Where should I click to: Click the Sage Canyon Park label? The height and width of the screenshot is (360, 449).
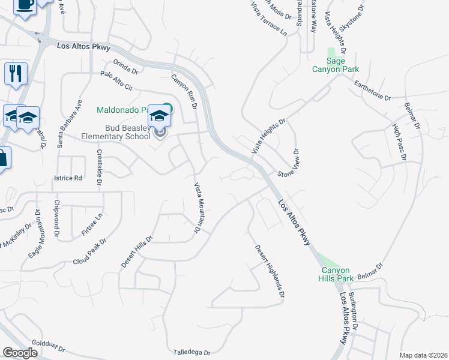335,65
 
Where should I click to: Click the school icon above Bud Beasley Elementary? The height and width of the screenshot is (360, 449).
160,115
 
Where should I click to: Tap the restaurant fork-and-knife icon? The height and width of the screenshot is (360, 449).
15,74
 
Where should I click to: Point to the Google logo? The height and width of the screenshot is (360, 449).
20,353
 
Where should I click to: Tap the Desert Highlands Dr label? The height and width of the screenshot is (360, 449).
269,272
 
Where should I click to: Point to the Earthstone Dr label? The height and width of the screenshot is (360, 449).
372,91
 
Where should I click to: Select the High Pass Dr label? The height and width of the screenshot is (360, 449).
399,142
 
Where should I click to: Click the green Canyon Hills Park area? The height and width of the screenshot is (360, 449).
328,260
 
